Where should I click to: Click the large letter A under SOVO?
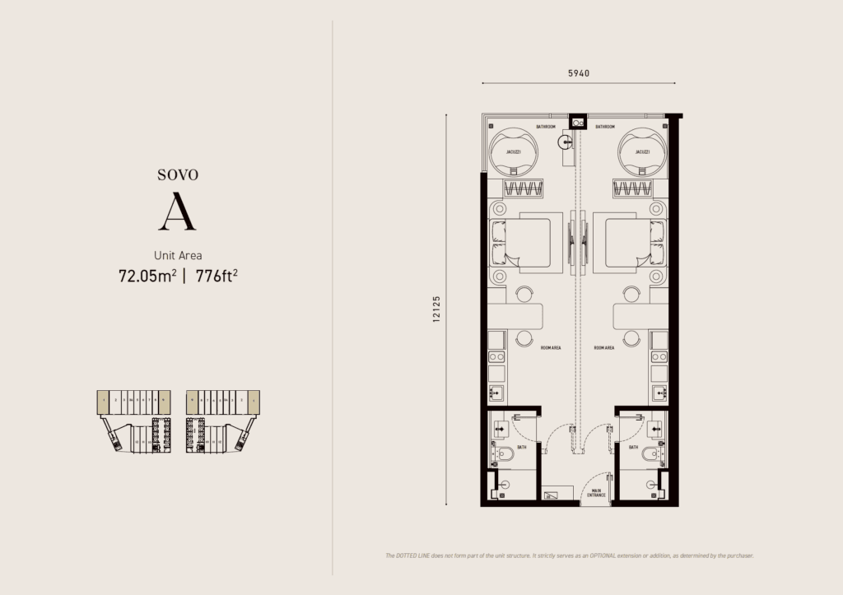tap(177, 213)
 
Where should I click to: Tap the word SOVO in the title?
tap(178, 174)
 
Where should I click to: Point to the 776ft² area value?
tap(217, 276)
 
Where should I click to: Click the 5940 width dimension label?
tap(579, 73)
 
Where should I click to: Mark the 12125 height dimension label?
tap(435, 309)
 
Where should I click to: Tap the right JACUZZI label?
tap(643, 152)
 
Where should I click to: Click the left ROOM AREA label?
tap(551, 348)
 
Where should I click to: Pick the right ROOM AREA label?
tap(604, 348)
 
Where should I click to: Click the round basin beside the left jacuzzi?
tap(563, 142)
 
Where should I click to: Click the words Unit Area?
tap(178, 255)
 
